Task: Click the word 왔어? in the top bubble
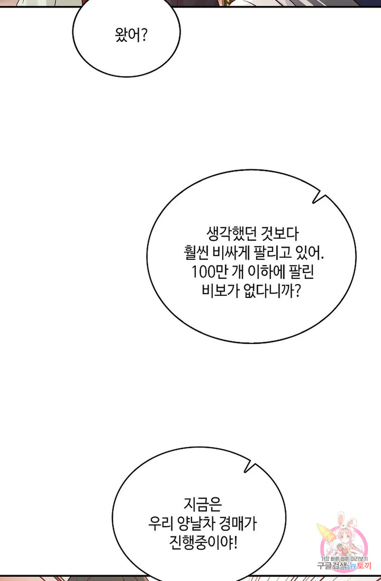pos(131,35)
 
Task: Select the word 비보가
pos(220,291)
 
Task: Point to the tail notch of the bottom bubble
pos(245,471)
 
